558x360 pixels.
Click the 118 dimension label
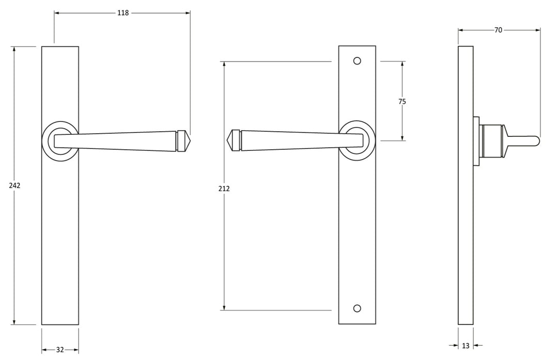tap(122, 13)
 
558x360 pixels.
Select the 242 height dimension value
tap(14, 185)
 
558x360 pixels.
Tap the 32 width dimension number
tap(60, 350)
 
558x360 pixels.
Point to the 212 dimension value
tap(224, 189)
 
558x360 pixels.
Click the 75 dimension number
tap(402, 101)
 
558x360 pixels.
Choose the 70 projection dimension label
tap(498, 30)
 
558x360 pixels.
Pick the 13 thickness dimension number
tap(466, 346)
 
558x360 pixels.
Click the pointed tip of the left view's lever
tap(189, 140)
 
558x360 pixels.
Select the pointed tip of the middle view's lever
tap(229, 140)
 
